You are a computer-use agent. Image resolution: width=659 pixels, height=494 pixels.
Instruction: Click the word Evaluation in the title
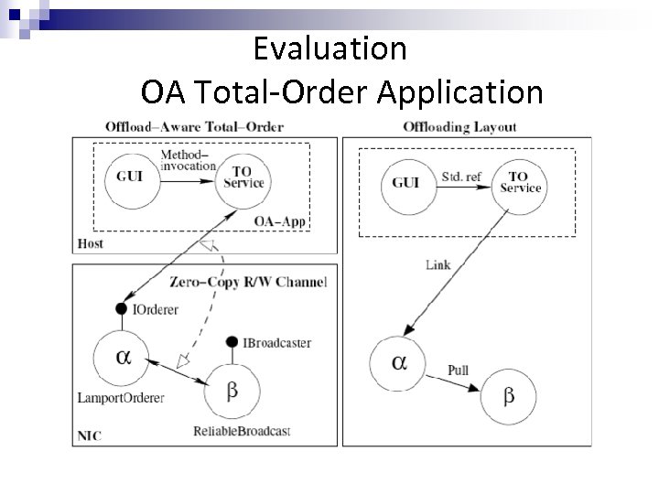[329, 48]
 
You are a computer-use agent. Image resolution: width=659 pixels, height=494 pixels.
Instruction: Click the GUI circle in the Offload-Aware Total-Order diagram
[128, 177]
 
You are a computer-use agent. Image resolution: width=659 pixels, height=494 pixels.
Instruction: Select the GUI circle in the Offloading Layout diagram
[405, 182]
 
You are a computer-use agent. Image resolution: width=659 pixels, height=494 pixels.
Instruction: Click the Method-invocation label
[188, 160]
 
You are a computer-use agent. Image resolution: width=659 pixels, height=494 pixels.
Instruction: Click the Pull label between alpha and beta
[459, 370]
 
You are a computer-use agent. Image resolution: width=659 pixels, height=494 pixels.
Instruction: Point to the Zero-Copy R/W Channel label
[248, 282]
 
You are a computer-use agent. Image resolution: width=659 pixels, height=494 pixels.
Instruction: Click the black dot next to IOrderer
[121, 309]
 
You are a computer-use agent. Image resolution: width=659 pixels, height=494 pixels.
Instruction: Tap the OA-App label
[281, 221]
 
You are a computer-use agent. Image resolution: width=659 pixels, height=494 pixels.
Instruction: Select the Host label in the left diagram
[91, 244]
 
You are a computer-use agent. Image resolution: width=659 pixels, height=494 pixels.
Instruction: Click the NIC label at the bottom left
[88, 436]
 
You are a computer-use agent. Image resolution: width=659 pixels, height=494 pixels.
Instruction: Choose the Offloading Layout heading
[459, 126]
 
